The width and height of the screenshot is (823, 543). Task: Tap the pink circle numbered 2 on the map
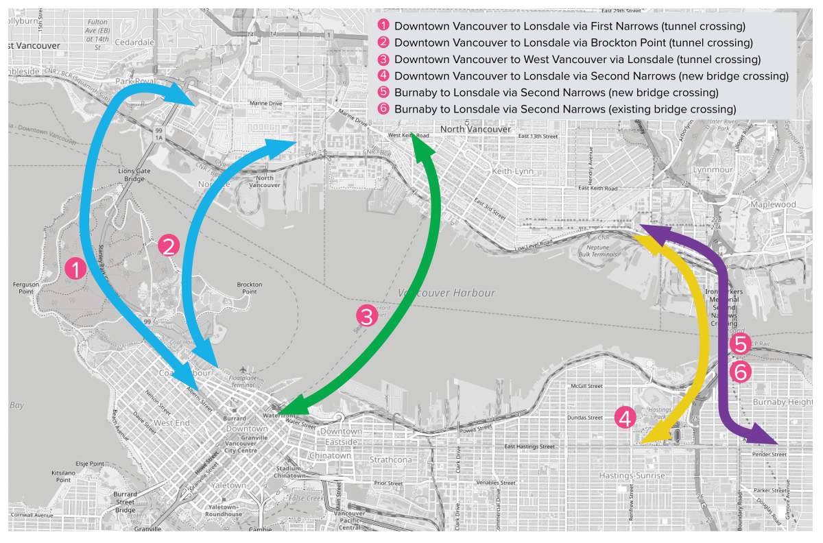[169, 245]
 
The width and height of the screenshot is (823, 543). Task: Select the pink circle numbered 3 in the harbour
[366, 316]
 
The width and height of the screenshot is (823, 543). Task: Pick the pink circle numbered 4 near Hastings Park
[625, 417]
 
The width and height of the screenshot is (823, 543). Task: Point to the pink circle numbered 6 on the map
[741, 372]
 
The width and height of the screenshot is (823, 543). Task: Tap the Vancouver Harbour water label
[446, 293]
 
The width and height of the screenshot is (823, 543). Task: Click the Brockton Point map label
[250, 287]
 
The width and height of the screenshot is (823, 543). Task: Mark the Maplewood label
[772, 204]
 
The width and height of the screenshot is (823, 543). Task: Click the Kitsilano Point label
[63, 476]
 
